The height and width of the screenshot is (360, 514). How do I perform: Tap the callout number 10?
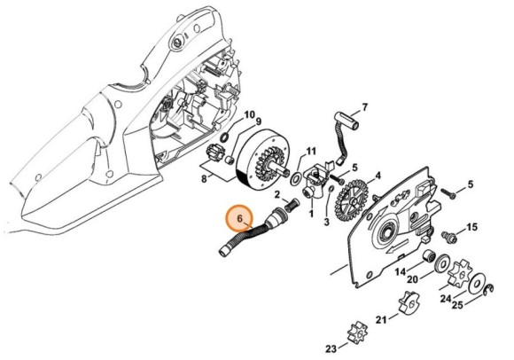[x=249, y=115]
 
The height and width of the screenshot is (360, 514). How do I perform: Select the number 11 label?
[x=310, y=151]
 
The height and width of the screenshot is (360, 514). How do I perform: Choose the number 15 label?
[x=471, y=228]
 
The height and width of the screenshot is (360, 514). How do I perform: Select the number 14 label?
[x=401, y=271]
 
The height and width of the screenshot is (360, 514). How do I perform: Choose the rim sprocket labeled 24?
[x=461, y=270]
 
